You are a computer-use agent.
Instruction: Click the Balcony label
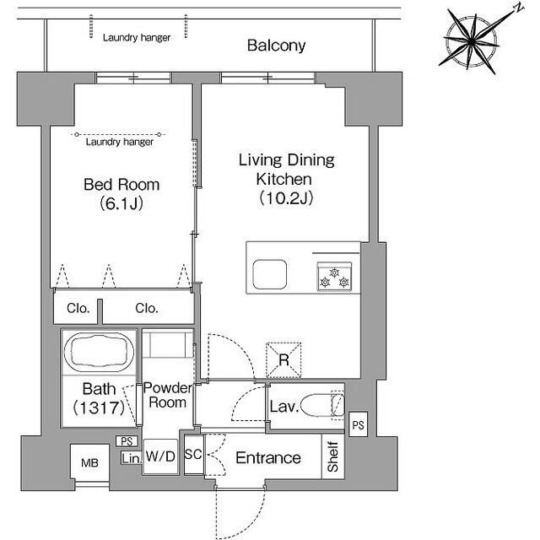276,46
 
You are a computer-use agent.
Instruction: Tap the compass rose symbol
472,41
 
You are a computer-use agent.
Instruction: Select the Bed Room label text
121,185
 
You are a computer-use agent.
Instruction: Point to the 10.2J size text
286,198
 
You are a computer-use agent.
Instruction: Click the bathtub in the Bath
100,352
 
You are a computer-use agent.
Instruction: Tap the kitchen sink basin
270,274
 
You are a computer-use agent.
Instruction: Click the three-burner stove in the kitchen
334,277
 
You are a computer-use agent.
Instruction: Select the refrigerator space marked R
283,360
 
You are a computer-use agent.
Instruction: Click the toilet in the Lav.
322,406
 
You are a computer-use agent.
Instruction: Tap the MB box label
89,463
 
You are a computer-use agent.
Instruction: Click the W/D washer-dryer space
160,456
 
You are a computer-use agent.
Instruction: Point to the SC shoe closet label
193,454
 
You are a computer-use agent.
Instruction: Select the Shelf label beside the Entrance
333,456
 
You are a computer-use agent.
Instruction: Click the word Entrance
268,458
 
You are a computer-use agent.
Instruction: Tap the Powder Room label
168,395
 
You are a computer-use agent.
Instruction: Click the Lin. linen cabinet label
132,458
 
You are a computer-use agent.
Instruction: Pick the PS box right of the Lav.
358,424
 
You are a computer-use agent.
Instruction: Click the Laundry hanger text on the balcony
137,37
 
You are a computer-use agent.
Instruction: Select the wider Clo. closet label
147,308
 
